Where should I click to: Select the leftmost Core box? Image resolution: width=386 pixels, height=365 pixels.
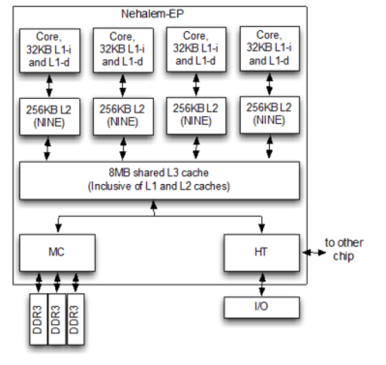point(50,49)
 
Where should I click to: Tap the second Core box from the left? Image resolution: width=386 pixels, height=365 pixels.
point(124,51)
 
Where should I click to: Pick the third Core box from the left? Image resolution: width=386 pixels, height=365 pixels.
point(195,49)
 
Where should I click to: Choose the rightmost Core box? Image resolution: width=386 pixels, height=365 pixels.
point(267,49)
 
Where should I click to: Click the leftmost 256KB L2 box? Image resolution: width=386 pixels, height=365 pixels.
point(50,114)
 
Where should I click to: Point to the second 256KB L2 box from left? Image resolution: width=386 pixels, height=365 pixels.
point(124,114)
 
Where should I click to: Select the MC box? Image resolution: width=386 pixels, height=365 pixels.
point(55,251)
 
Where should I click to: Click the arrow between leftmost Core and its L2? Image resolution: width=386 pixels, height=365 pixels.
point(50,84)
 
